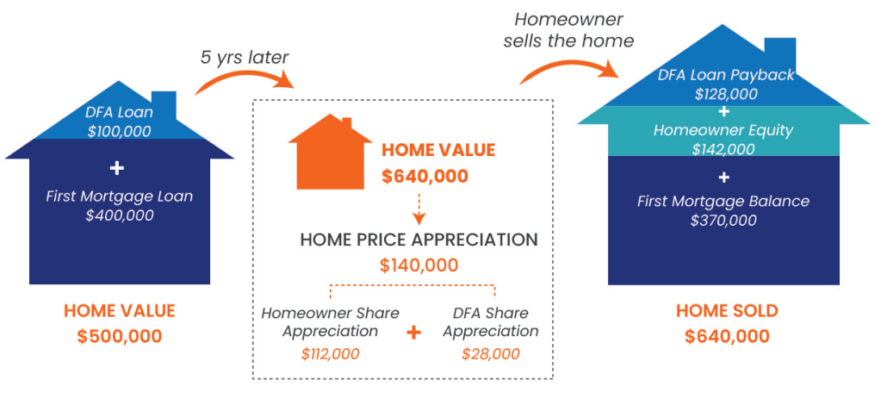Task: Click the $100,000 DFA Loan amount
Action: coord(120,132)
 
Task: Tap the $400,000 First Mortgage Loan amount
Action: coord(120,215)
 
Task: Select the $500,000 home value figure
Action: coord(120,336)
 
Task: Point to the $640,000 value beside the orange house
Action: coord(425,176)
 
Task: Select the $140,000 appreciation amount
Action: coord(419,265)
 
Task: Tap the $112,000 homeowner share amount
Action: coord(330,353)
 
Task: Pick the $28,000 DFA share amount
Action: coord(491,353)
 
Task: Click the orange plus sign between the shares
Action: coord(413,333)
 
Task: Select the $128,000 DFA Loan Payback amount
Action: coord(725,93)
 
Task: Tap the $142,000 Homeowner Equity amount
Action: coord(723,149)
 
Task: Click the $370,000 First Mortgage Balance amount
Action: coord(723,220)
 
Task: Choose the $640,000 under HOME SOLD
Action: coord(727,336)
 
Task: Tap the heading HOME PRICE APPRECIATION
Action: coord(419,240)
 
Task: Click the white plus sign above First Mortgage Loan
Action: coord(119,169)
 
